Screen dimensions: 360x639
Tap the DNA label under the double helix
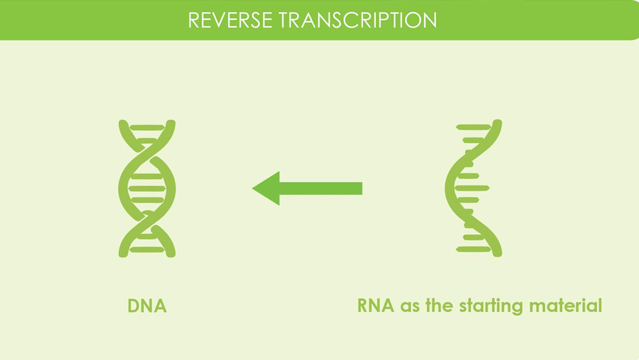[147, 306]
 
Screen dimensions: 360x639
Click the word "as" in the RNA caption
[409, 306]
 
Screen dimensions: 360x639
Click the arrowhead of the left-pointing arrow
[266, 188]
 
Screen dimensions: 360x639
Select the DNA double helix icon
[147, 188]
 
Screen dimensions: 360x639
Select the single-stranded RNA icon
[473, 188]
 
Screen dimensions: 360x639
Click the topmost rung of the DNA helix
[147, 127]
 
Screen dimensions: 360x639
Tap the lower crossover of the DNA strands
[147, 219]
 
